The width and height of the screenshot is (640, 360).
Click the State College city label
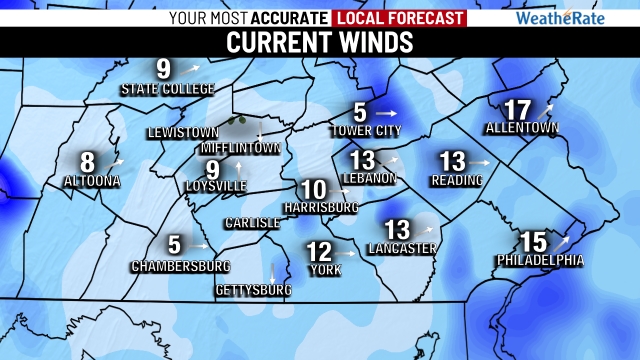(167, 89)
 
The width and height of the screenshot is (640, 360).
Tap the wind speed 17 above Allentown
(517, 110)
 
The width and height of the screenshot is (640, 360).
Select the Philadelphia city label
(539, 261)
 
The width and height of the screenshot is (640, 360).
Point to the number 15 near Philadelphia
(533, 241)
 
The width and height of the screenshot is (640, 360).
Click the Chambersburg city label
(180, 266)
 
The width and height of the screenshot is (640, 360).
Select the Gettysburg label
(253, 290)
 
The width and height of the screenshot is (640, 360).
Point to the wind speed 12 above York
(319, 250)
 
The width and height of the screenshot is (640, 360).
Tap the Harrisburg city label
(321, 207)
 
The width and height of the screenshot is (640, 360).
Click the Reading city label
(457, 180)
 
